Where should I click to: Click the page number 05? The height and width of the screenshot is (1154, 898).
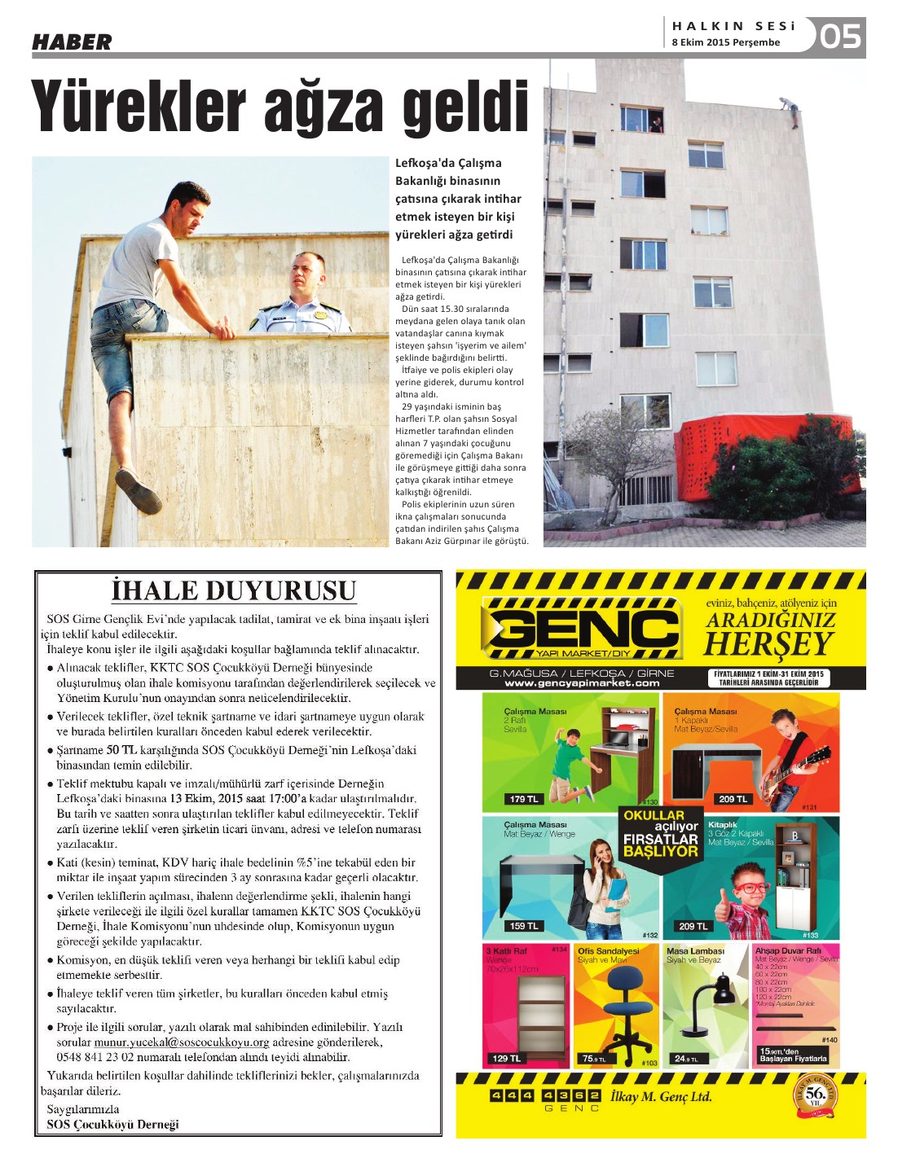point(840,36)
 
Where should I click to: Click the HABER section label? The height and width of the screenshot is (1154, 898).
point(72,42)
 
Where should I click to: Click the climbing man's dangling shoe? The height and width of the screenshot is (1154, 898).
point(138,491)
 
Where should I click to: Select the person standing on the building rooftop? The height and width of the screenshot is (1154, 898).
point(788,110)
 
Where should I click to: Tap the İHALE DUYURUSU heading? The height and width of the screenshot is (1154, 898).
point(234,590)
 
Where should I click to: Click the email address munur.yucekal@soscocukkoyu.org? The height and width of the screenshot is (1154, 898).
point(182,1042)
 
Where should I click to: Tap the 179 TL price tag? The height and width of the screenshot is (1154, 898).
point(523,799)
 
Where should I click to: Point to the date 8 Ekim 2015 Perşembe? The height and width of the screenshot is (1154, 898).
point(725,42)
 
